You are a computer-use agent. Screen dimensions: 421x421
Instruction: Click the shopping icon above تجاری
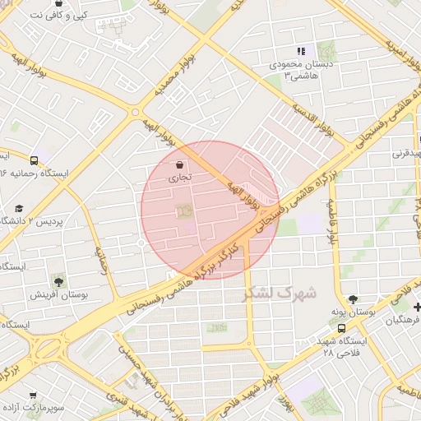point(180,164)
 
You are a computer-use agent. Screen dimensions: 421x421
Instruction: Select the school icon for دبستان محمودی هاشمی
point(300,50)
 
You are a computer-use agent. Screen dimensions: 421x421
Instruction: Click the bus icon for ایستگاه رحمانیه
point(34,160)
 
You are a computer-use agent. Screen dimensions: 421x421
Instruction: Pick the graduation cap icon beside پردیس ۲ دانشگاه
point(19,209)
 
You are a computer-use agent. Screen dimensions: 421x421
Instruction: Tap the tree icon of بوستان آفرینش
point(58,280)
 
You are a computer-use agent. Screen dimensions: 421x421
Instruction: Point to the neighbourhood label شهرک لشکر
point(280,293)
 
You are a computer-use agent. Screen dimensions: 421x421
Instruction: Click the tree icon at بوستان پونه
point(353,299)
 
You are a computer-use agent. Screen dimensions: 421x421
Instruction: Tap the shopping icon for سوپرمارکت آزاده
point(34,395)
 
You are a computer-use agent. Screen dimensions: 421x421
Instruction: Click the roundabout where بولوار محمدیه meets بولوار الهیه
point(135,113)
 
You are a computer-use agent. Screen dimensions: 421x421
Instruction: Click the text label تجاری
point(180,177)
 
